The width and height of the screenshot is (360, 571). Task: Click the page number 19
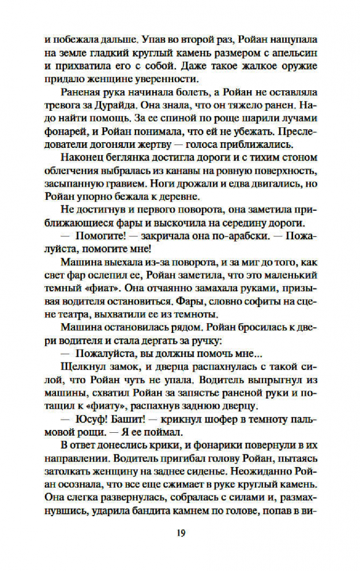[180, 533]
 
